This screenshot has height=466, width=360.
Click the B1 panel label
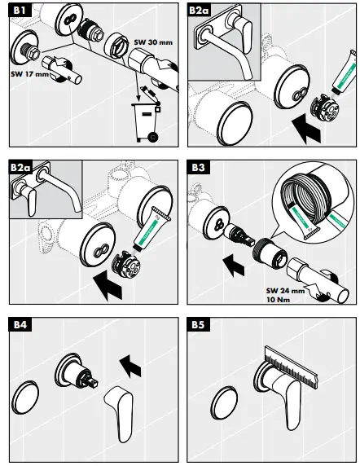(x=20, y=11)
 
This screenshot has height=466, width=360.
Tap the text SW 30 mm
(x=153, y=42)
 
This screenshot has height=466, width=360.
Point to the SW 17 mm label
(x=29, y=74)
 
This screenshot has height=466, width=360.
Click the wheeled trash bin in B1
(x=145, y=121)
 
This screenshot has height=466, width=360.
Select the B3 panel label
(x=198, y=167)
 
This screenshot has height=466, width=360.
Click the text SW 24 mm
(x=285, y=291)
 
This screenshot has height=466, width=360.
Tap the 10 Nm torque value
(x=278, y=300)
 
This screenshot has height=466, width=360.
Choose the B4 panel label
(x=20, y=324)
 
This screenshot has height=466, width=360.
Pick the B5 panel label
(x=198, y=324)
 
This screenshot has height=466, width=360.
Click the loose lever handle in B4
(x=121, y=411)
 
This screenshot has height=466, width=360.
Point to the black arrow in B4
(x=130, y=366)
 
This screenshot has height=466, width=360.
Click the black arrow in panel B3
(x=234, y=265)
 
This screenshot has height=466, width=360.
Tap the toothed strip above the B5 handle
(x=291, y=367)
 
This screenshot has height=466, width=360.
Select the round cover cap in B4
(x=25, y=398)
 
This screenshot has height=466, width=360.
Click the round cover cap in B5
(x=224, y=403)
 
